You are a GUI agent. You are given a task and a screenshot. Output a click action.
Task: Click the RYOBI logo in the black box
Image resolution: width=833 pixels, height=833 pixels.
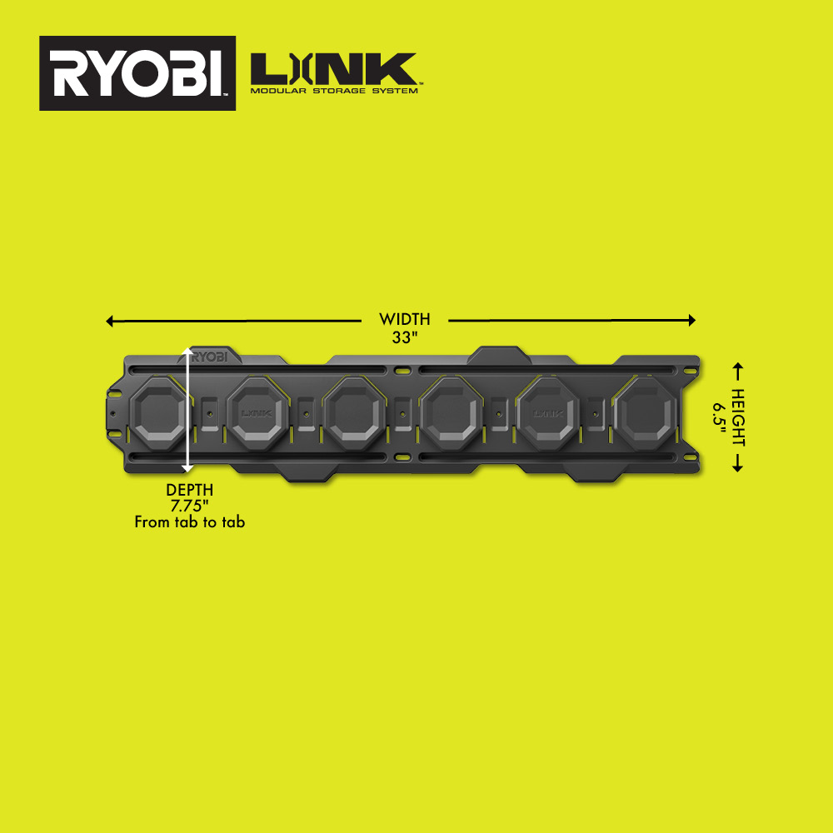point(137,73)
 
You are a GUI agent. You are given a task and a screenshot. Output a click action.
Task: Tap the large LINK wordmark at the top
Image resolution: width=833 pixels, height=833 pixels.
point(333,67)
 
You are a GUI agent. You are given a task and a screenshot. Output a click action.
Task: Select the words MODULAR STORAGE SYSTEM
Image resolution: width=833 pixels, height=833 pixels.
point(333,90)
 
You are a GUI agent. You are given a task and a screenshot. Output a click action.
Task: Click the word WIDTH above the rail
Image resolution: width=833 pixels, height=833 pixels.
point(404,319)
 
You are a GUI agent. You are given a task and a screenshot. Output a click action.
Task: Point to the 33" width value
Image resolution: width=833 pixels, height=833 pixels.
point(404,337)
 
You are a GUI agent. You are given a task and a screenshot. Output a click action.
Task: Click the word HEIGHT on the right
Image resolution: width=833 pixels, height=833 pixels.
point(738,416)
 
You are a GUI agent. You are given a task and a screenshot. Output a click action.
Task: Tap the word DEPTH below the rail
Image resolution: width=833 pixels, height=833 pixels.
point(189,490)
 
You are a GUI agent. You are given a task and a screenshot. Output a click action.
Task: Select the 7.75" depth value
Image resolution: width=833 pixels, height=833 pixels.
point(189,506)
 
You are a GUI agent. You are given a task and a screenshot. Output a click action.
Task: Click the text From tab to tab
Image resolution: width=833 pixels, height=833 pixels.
point(189,522)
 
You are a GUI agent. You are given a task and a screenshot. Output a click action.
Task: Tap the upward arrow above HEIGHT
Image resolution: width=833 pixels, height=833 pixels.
point(737,371)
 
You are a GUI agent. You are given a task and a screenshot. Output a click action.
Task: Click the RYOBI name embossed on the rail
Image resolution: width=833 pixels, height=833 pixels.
point(212,357)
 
